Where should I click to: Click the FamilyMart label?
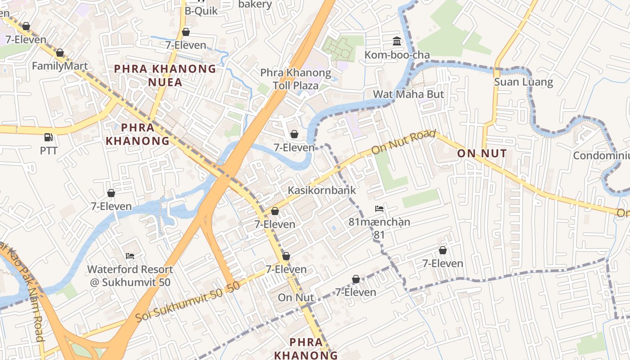(60, 66)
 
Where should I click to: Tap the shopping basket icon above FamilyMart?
(60, 53)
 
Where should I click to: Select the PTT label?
(49, 150)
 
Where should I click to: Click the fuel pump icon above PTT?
(48, 137)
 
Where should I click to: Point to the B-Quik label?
(201, 10)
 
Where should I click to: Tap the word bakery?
(255, 4)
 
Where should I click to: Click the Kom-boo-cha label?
(397, 55)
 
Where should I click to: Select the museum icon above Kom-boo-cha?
(397, 42)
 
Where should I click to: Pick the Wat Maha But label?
(409, 94)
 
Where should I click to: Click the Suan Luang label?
(523, 82)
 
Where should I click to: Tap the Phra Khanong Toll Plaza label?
(296, 79)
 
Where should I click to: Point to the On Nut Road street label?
(404, 142)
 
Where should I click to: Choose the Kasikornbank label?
(322, 190)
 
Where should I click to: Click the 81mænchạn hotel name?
(379, 222)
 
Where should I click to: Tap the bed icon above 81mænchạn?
(379, 209)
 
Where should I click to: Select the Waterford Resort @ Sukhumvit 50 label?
(130, 276)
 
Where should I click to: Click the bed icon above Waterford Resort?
(130, 256)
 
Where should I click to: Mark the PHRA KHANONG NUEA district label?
(165, 75)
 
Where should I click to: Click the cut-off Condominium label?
(601, 155)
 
